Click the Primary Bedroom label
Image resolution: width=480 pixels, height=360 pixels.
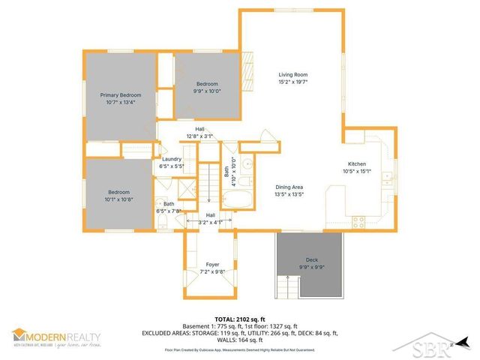(x=120, y=95)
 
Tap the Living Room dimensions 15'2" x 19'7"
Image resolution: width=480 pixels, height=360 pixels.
(x=293, y=82)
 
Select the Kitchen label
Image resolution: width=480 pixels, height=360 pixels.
(x=356, y=164)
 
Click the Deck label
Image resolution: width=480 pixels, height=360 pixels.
(x=311, y=259)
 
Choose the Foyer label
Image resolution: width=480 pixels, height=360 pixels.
(x=212, y=265)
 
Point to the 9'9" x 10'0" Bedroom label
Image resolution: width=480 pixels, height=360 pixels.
(x=208, y=83)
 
